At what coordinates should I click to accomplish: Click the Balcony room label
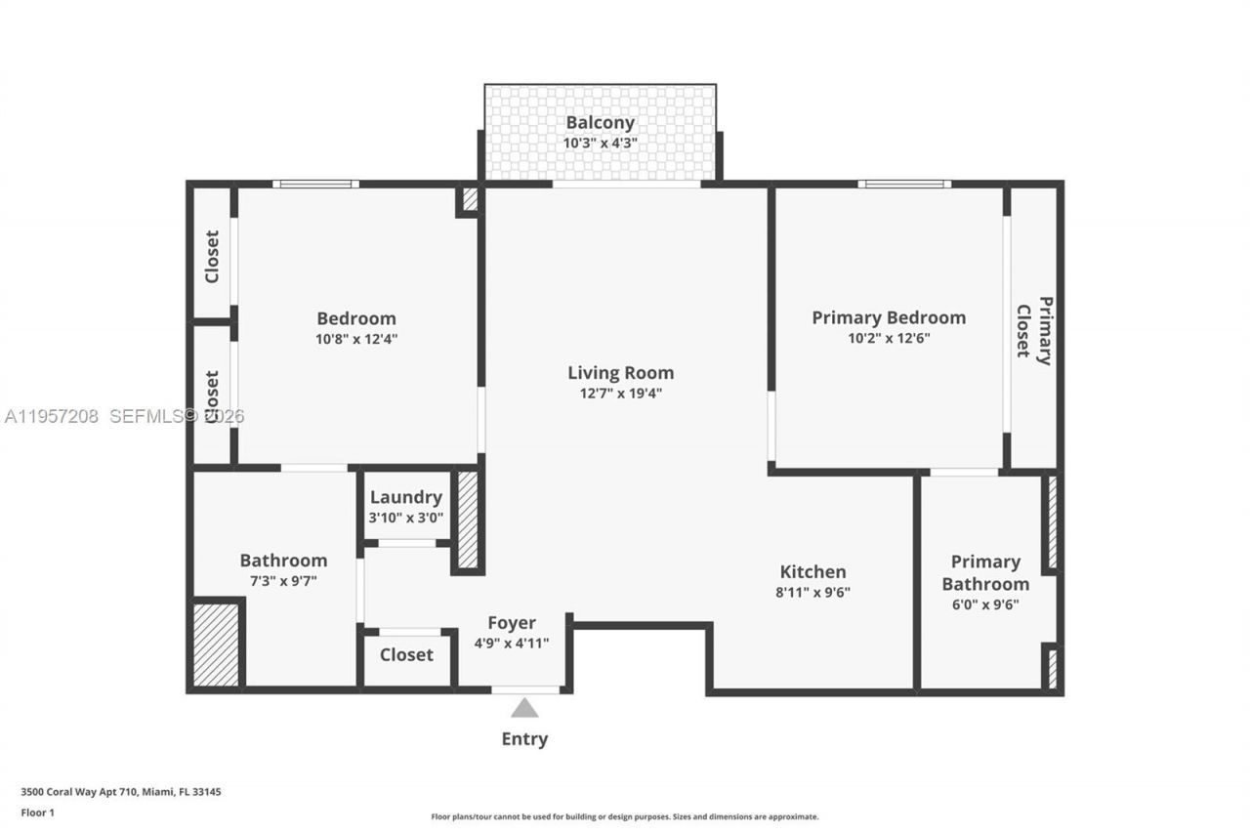600,123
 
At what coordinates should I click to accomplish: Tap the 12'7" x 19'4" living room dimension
621,394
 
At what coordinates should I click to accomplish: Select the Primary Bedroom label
889,317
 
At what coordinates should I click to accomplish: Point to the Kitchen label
812,571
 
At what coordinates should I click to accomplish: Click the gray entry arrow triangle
524,708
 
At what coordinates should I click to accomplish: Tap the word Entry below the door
524,739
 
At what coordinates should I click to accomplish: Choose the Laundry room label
405,497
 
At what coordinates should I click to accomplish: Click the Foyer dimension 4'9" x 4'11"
512,643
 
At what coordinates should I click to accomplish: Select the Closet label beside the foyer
406,654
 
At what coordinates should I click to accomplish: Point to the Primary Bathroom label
984,573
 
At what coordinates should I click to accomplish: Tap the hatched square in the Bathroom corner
216,645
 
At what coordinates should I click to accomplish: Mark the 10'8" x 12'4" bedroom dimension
356,339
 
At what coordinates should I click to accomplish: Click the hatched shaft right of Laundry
468,520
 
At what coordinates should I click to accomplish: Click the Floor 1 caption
38,812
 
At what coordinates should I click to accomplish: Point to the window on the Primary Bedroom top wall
904,184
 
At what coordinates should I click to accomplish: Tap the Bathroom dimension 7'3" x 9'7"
283,580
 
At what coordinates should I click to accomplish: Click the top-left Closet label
212,256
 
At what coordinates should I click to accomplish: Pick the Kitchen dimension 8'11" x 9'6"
812,592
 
